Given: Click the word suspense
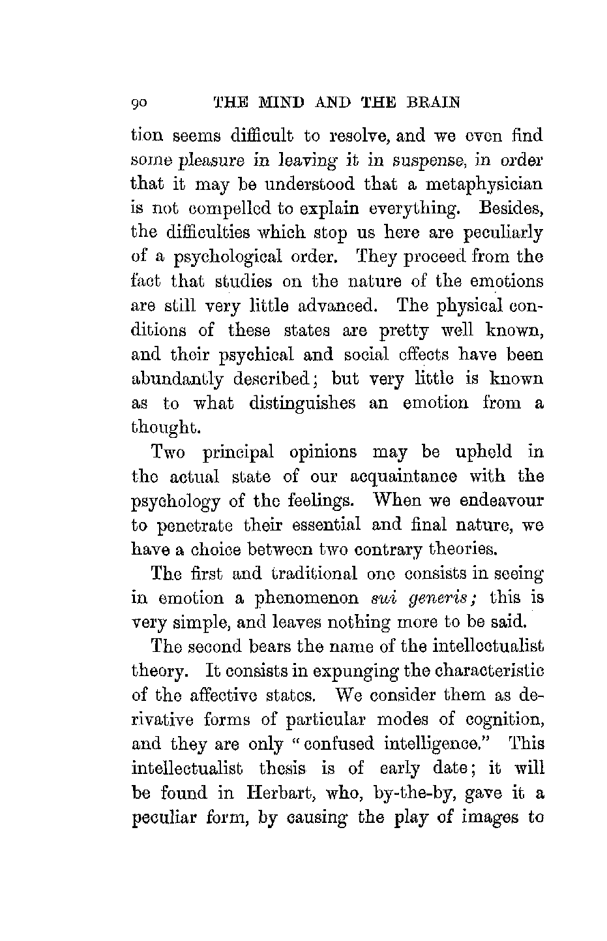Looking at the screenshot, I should (392, 161).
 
